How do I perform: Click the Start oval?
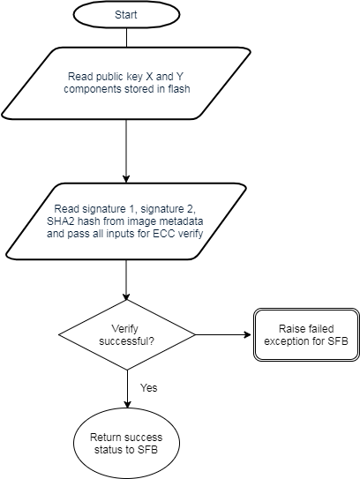[125, 16]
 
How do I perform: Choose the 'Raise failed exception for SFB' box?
[306, 335]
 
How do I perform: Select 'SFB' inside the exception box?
[337, 341]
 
